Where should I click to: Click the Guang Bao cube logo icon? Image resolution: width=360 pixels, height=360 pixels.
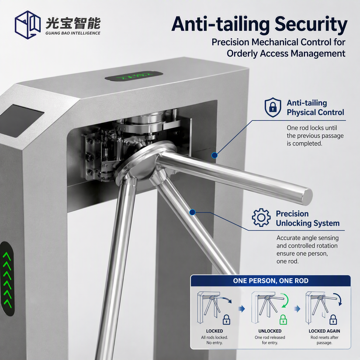28,25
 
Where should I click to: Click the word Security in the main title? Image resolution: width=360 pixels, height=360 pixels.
311,24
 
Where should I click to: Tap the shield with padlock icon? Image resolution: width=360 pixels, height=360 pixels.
273,107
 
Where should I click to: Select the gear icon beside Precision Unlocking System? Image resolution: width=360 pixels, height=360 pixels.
261,217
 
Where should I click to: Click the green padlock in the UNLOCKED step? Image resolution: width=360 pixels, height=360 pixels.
283,319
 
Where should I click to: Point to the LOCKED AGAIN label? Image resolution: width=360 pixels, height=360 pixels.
324,331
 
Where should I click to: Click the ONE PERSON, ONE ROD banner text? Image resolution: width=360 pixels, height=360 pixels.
271,280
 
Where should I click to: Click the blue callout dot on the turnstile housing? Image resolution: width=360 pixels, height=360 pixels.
214,155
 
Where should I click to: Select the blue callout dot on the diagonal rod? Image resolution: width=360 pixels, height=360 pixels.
192,212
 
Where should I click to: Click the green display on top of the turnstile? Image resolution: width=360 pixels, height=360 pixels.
134,76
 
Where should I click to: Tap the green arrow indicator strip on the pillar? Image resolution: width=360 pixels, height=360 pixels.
7,279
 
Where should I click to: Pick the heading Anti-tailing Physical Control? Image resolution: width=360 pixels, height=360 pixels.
315,108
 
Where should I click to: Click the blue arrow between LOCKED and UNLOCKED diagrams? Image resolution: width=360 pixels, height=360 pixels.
241,309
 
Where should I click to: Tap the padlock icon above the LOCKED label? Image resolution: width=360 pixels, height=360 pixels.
226,319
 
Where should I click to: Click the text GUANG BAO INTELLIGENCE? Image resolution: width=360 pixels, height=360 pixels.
73,33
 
